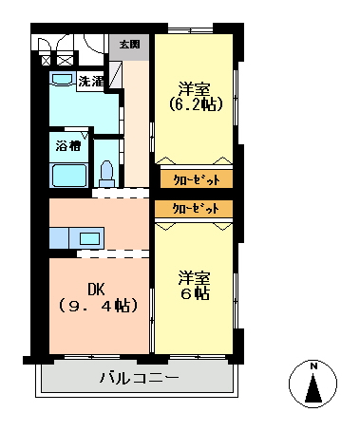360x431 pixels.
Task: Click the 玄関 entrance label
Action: (130, 45)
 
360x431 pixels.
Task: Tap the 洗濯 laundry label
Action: (91, 82)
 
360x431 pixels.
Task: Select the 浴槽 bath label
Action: (68, 146)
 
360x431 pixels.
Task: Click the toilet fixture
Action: (107, 174)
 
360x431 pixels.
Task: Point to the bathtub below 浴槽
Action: (69, 176)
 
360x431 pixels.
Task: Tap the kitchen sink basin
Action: (90, 238)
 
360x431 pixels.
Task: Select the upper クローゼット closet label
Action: (197, 179)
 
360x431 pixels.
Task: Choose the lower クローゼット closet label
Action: (196, 209)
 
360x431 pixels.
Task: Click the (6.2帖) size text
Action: (196, 104)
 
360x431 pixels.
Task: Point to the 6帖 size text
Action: (195, 293)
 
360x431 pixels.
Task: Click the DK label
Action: (96, 289)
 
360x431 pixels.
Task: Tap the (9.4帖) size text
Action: (99, 306)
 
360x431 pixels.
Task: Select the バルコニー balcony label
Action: (140, 378)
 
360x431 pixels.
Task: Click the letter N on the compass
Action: (313, 366)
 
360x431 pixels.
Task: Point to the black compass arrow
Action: (313, 388)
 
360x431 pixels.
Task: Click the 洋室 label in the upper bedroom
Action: (194, 89)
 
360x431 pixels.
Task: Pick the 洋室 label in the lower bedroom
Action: (194, 278)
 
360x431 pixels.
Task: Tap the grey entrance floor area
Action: (129, 47)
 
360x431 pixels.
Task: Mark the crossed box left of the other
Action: (46, 60)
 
